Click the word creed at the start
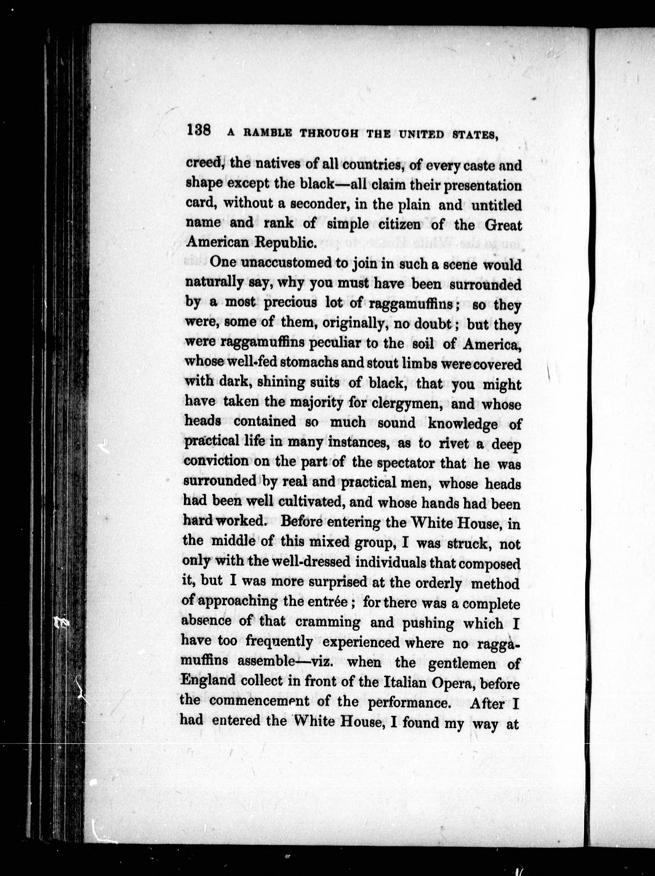pos(205,164)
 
